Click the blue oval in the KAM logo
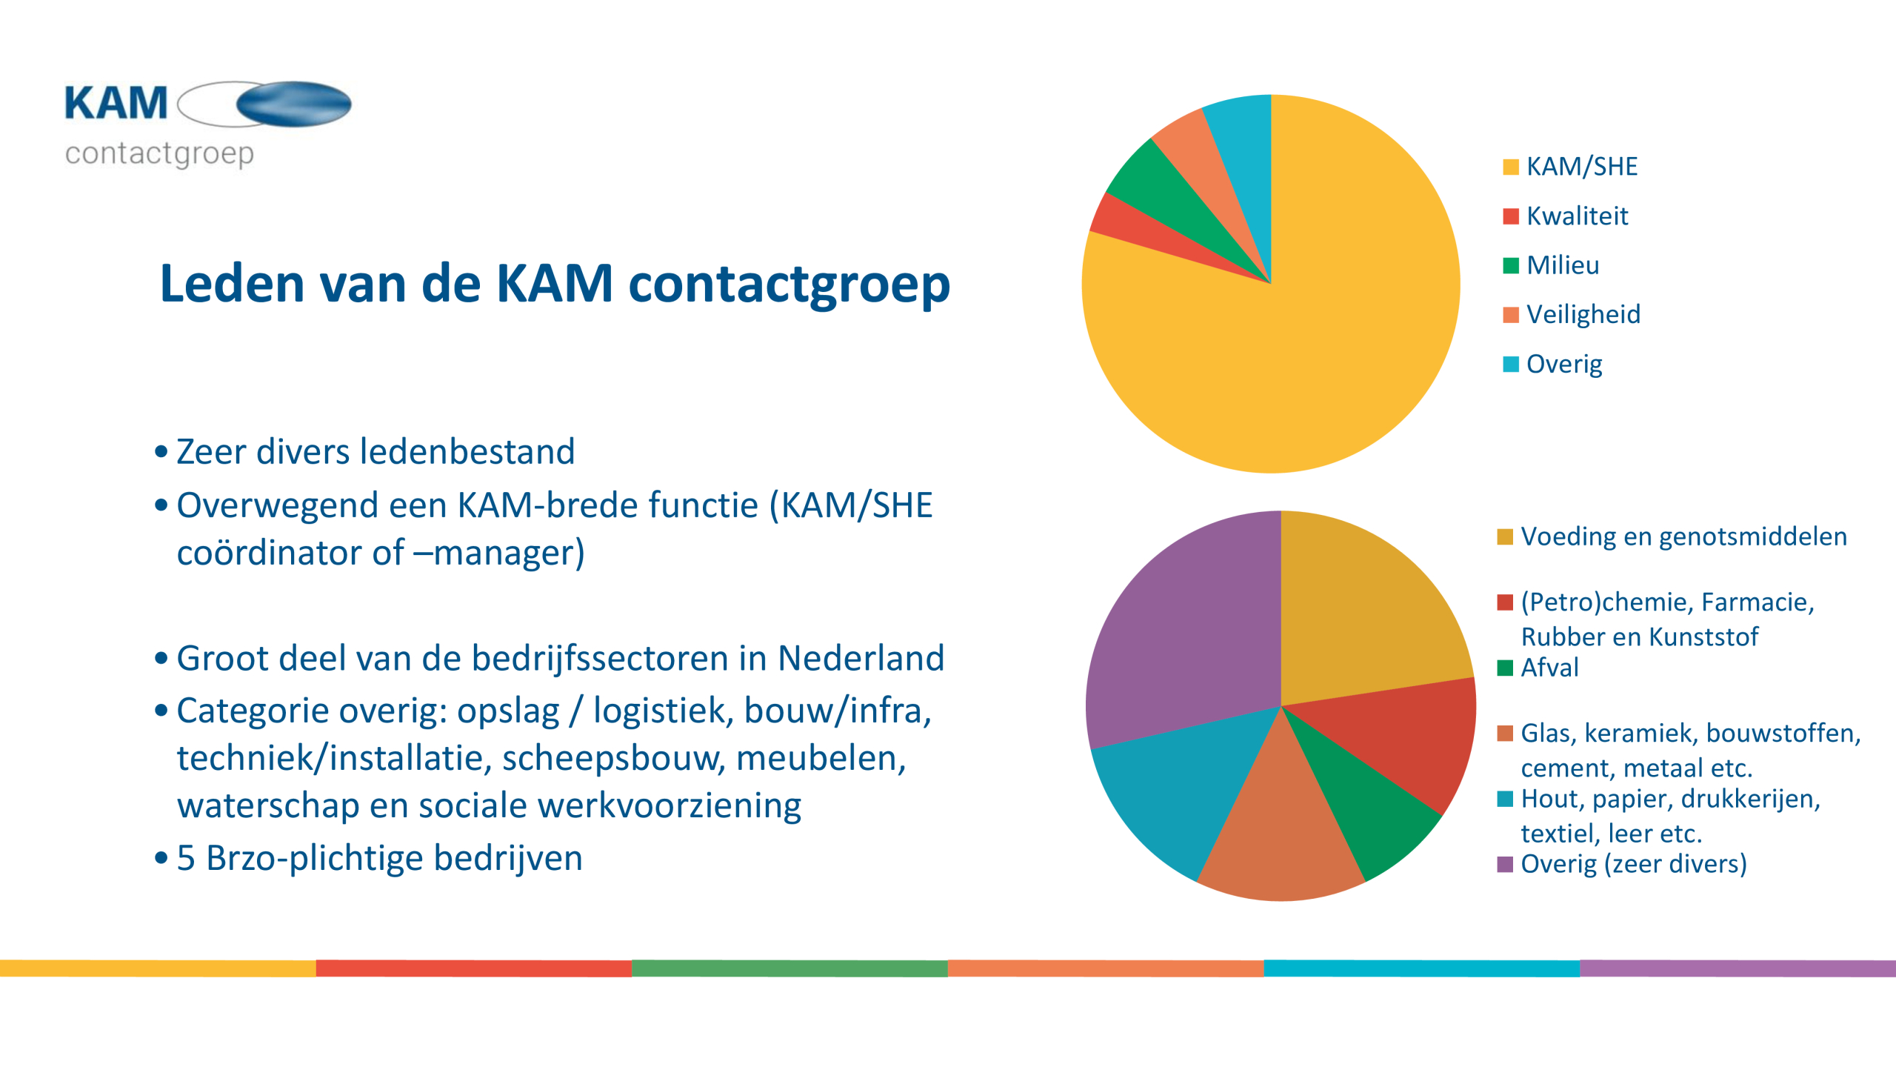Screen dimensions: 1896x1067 [x=294, y=104]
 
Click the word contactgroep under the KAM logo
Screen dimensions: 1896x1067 [x=159, y=154]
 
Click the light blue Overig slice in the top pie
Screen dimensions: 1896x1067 [x=1244, y=148]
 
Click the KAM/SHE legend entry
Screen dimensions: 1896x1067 [x=1570, y=167]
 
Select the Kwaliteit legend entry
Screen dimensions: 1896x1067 [x=1566, y=216]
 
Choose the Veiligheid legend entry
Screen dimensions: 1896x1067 [x=1572, y=315]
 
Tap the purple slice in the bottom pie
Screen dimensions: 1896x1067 [x=1185, y=637]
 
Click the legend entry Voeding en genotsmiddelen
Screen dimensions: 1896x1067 [x=1672, y=536]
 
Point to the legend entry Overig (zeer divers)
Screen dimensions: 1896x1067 [x=1622, y=864]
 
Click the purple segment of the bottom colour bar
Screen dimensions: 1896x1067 [x=1738, y=968]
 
